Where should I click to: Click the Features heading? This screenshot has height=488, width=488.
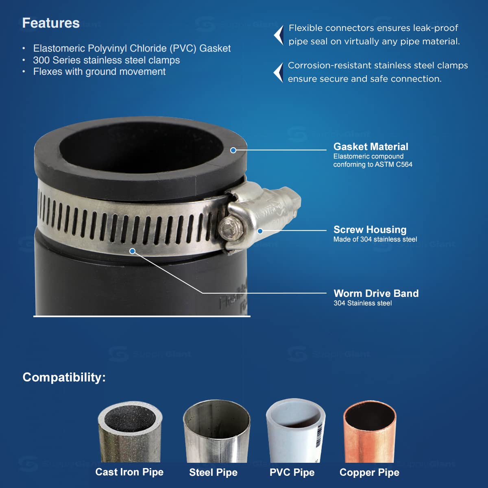pos(51,23)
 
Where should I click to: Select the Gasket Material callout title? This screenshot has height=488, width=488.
pos(370,147)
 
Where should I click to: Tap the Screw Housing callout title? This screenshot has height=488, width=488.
pos(370,230)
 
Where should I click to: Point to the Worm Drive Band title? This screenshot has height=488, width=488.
pos(376,294)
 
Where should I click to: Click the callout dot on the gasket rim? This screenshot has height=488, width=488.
pos(233,150)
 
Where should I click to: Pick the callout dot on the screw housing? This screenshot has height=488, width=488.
pos(260,231)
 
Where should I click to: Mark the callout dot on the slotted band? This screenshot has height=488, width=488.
pos(132,251)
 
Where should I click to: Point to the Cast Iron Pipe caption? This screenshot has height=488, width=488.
pos(129,472)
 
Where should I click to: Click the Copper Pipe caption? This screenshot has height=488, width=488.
pos(369,473)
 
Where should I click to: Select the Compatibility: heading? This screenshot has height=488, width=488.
pos(64,377)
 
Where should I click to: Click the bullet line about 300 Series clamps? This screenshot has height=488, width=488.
pos(106,60)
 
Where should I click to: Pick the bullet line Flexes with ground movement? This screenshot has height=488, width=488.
pos(99,72)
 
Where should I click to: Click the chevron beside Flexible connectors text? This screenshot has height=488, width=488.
pos(279,35)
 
